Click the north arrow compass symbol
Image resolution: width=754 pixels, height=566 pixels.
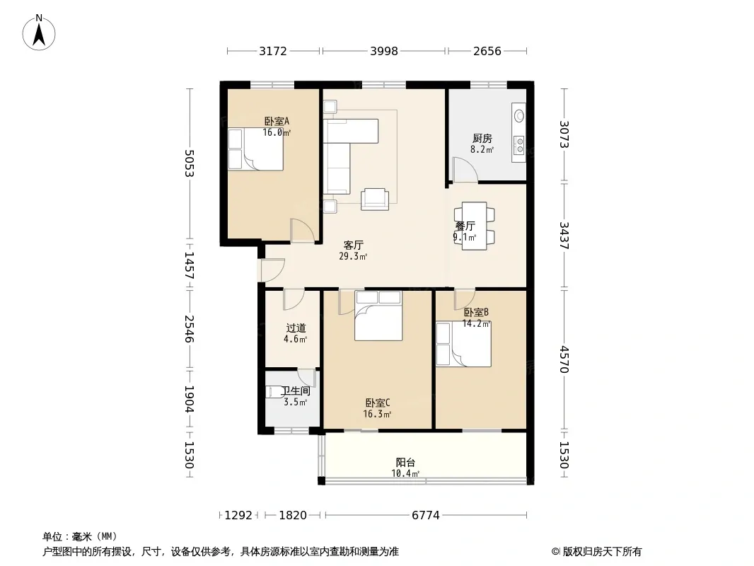point(39,33)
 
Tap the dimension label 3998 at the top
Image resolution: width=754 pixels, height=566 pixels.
point(384,51)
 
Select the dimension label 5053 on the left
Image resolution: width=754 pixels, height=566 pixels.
point(189,163)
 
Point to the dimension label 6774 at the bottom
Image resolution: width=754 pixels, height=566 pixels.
point(426,515)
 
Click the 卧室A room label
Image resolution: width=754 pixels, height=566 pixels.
point(277,121)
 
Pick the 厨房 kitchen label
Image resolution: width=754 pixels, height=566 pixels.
point(482,139)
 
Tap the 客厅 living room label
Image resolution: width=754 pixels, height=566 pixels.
point(353,245)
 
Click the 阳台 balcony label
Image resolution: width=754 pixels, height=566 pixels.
point(405,462)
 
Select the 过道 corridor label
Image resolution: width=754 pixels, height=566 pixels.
point(296,328)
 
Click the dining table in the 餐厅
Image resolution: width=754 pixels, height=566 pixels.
point(474,226)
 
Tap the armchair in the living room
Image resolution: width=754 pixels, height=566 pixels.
point(375,199)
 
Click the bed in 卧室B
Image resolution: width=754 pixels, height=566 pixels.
point(463,345)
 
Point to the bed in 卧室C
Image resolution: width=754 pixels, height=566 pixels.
point(378,316)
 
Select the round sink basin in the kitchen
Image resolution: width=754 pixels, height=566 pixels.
point(519,116)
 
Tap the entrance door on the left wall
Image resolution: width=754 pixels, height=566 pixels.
point(272,270)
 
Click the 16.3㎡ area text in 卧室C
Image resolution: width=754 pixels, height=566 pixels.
point(377,414)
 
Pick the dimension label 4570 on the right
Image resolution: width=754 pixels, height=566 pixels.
point(564,359)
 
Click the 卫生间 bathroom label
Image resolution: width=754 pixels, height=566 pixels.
point(296,391)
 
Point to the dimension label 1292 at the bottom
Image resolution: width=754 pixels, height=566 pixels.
point(238,515)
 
